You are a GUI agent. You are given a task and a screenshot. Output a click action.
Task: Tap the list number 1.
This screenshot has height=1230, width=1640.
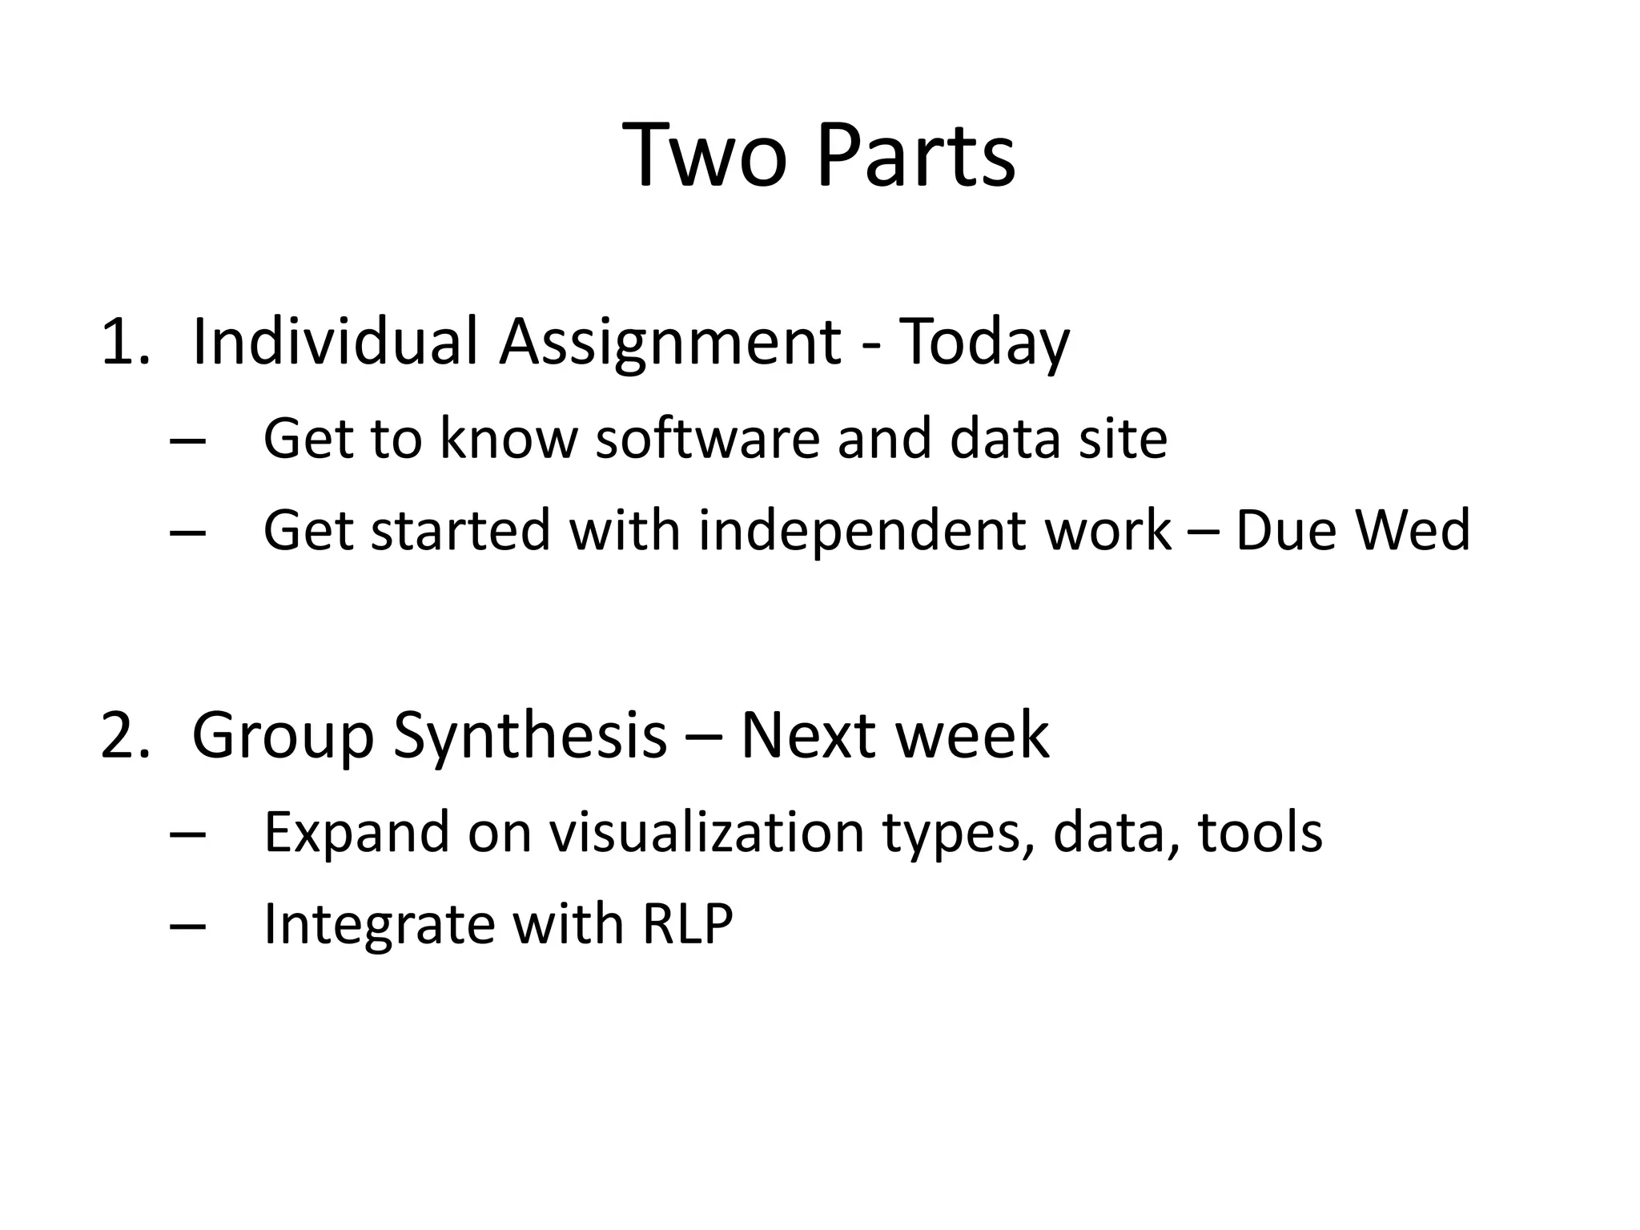click(124, 342)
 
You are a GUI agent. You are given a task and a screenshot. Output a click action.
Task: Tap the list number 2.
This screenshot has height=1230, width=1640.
click(124, 735)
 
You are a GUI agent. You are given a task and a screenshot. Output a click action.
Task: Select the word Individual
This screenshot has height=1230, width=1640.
click(335, 342)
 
